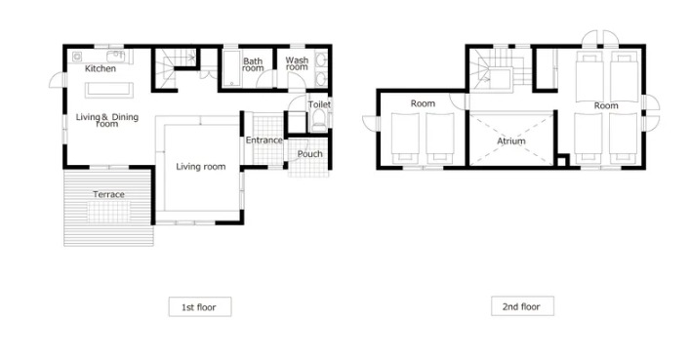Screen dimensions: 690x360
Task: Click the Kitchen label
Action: pyautogui.click(x=101, y=68)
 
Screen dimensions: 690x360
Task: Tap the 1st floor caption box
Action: pyautogui.click(x=200, y=306)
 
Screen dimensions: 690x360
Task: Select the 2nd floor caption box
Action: pyautogui.click(x=522, y=306)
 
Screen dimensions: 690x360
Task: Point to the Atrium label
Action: pyautogui.click(x=510, y=141)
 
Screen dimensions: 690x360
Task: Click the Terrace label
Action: pyautogui.click(x=108, y=194)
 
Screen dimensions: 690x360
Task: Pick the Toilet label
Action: pyautogui.click(x=319, y=104)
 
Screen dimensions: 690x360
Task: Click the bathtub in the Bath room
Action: pyautogui.click(x=231, y=68)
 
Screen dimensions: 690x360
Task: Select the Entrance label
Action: pyautogui.click(x=264, y=140)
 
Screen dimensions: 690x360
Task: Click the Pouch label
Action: pyautogui.click(x=309, y=154)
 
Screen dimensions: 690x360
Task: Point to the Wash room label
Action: pyautogui.click(x=297, y=63)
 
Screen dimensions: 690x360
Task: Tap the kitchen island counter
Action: pyautogui.click(x=108, y=90)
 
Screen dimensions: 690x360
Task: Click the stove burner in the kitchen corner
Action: pyautogui.click(x=77, y=57)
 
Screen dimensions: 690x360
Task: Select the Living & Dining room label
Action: pyautogui.click(x=107, y=120)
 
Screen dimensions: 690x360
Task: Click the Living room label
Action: pyautogui.click(x=201, y=167)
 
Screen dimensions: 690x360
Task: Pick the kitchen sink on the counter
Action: pyautogui.click(x=116, y=56)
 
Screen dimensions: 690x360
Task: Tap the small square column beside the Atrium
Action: pyautogui.click(x=562, y=160)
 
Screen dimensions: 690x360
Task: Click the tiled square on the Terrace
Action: pyautogui.click(x=108, y=212)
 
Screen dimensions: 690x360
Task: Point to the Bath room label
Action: pyautogui.click(x=253, y=64)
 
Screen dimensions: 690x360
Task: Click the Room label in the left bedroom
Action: pyautogui.click(x=423, y=103)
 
